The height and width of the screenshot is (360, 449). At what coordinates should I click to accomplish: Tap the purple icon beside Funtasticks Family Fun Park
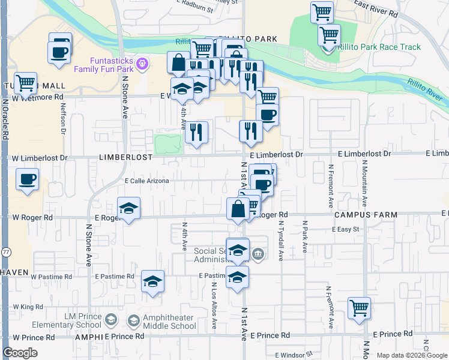pos(142,62)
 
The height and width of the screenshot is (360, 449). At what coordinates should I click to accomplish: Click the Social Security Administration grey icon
pos(258,254)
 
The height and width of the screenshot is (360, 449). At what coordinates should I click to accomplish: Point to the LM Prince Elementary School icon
pos(111,322)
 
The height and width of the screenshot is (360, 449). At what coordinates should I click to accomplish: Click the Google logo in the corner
pos(20,353)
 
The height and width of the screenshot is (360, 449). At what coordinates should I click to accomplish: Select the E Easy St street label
pos(345,229)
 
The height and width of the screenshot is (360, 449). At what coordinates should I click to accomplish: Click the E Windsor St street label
pos(294,355)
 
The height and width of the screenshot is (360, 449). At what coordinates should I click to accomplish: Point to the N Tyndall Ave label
pos(280,240)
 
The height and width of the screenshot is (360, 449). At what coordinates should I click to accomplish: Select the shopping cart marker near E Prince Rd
pos(359,308)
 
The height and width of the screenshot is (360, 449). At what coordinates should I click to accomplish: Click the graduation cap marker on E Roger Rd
pos(128,209)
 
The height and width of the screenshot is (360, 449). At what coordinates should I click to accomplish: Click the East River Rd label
pos(376,8)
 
